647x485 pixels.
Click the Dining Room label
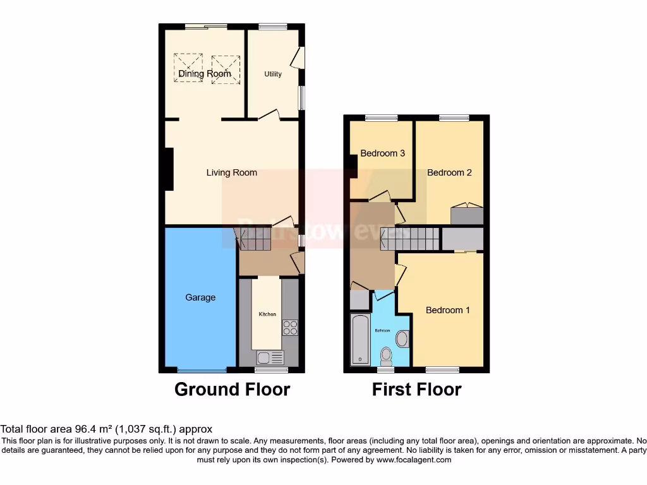pos(205,74)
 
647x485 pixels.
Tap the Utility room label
pos(273,74)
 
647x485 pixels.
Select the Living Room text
pos(232,172)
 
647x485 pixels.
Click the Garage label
pos(200,297)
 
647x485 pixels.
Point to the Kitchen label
pos(267,314)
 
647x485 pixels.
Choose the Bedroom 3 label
pos(382,153)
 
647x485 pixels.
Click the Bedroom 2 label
pos(449,172)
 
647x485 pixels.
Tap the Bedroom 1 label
pos(447,310)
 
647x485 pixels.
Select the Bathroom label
pos(383,331)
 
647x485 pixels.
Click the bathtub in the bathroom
pos(360,339)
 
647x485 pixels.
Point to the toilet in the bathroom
pos(401,339)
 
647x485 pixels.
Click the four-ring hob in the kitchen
pos(289,327)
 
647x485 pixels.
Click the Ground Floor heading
pos(232,390)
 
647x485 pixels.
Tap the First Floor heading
pos(416,390)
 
